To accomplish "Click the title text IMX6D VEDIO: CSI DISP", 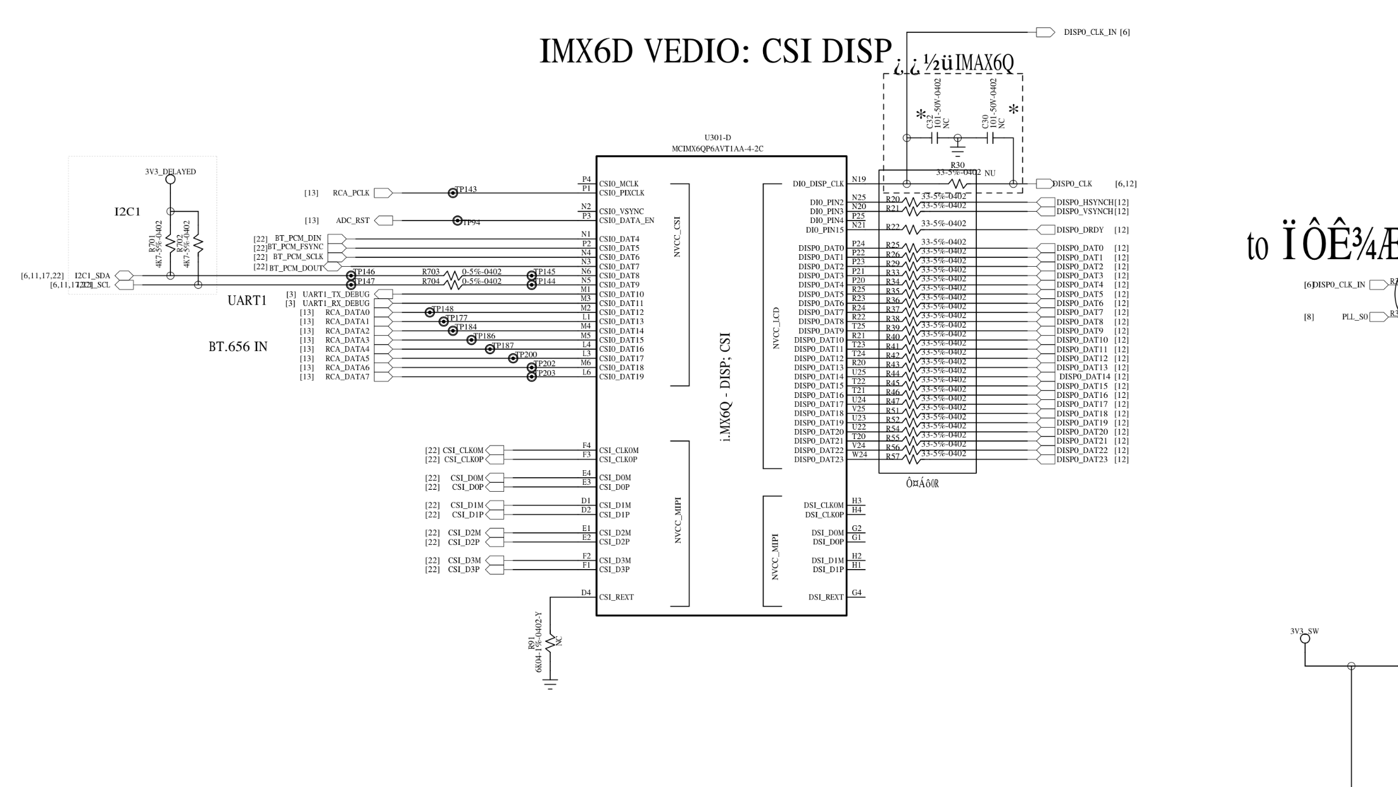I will point(715,51).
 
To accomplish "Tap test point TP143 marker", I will point(453,193).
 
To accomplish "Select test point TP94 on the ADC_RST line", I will point(457,221).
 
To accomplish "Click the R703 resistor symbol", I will point(452,276).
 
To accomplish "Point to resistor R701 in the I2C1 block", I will point(170,243).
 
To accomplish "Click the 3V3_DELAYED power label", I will point(170,172).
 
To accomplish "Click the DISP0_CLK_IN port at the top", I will point(1045,32).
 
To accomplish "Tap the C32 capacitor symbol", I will point(934,138).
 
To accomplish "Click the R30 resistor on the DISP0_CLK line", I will point(959,184).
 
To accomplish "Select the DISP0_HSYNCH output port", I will point(1047,202).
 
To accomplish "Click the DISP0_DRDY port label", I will point(1080,230).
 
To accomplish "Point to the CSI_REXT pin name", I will point(616,597).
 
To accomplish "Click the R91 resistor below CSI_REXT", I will point(550,641).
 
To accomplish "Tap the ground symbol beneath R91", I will point(550,683).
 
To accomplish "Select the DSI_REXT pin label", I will point(826,597).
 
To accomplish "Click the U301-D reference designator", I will point(717,138).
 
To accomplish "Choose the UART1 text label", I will point(247,300).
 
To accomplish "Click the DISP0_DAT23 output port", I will point(1047,459).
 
